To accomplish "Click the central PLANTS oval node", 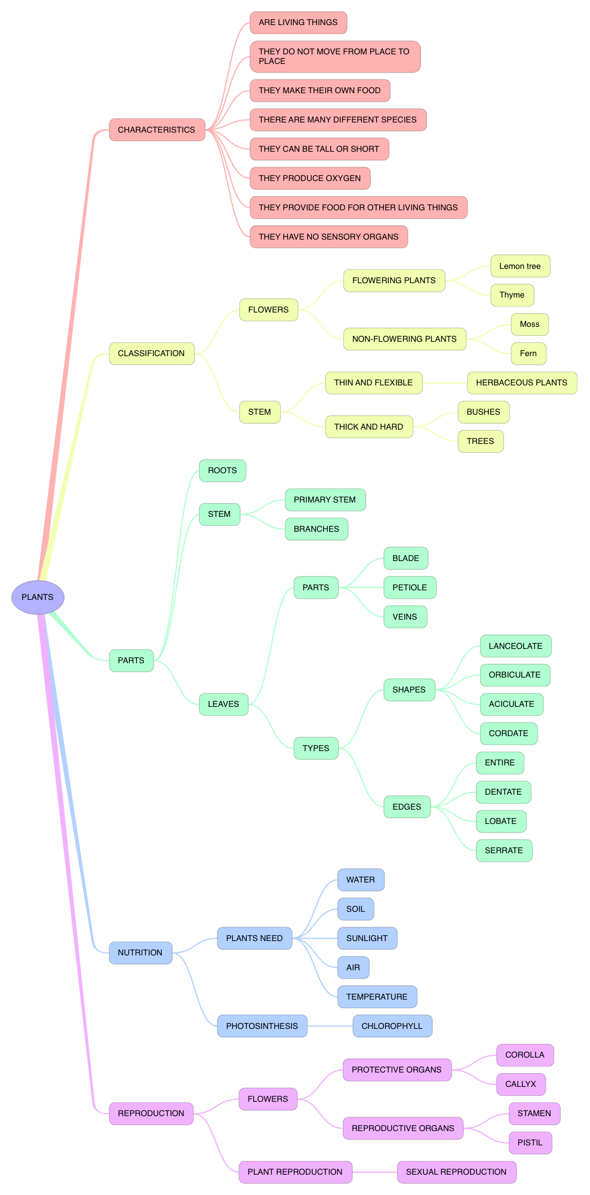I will pos(38,597).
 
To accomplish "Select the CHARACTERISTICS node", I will pos(156,130).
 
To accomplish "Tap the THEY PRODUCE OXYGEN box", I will pos(309,178).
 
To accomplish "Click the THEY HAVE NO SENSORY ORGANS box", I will pos(328,237).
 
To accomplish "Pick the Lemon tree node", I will pos(520,266).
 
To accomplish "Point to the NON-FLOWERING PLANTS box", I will pos(404,339).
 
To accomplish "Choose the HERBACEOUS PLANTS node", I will pos(521,382).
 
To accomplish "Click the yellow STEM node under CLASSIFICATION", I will pos(259,412).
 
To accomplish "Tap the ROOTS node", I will pos(222,470).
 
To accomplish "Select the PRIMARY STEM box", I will pos(324,500).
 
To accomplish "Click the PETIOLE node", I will pos(409,587).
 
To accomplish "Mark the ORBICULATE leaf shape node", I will pos(514,675).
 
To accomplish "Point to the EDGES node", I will pos(406,807).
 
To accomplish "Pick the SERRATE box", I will pos(503,850).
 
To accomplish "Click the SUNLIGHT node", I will pos(367,938).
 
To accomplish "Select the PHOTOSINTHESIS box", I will pos(262,1026).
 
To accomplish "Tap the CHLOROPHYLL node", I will pos(392,1026).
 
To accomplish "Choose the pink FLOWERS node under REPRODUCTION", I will pos(268,1099).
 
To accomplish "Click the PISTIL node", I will pos(530,1142).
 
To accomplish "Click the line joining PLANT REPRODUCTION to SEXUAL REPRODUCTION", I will pos(374,1172).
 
